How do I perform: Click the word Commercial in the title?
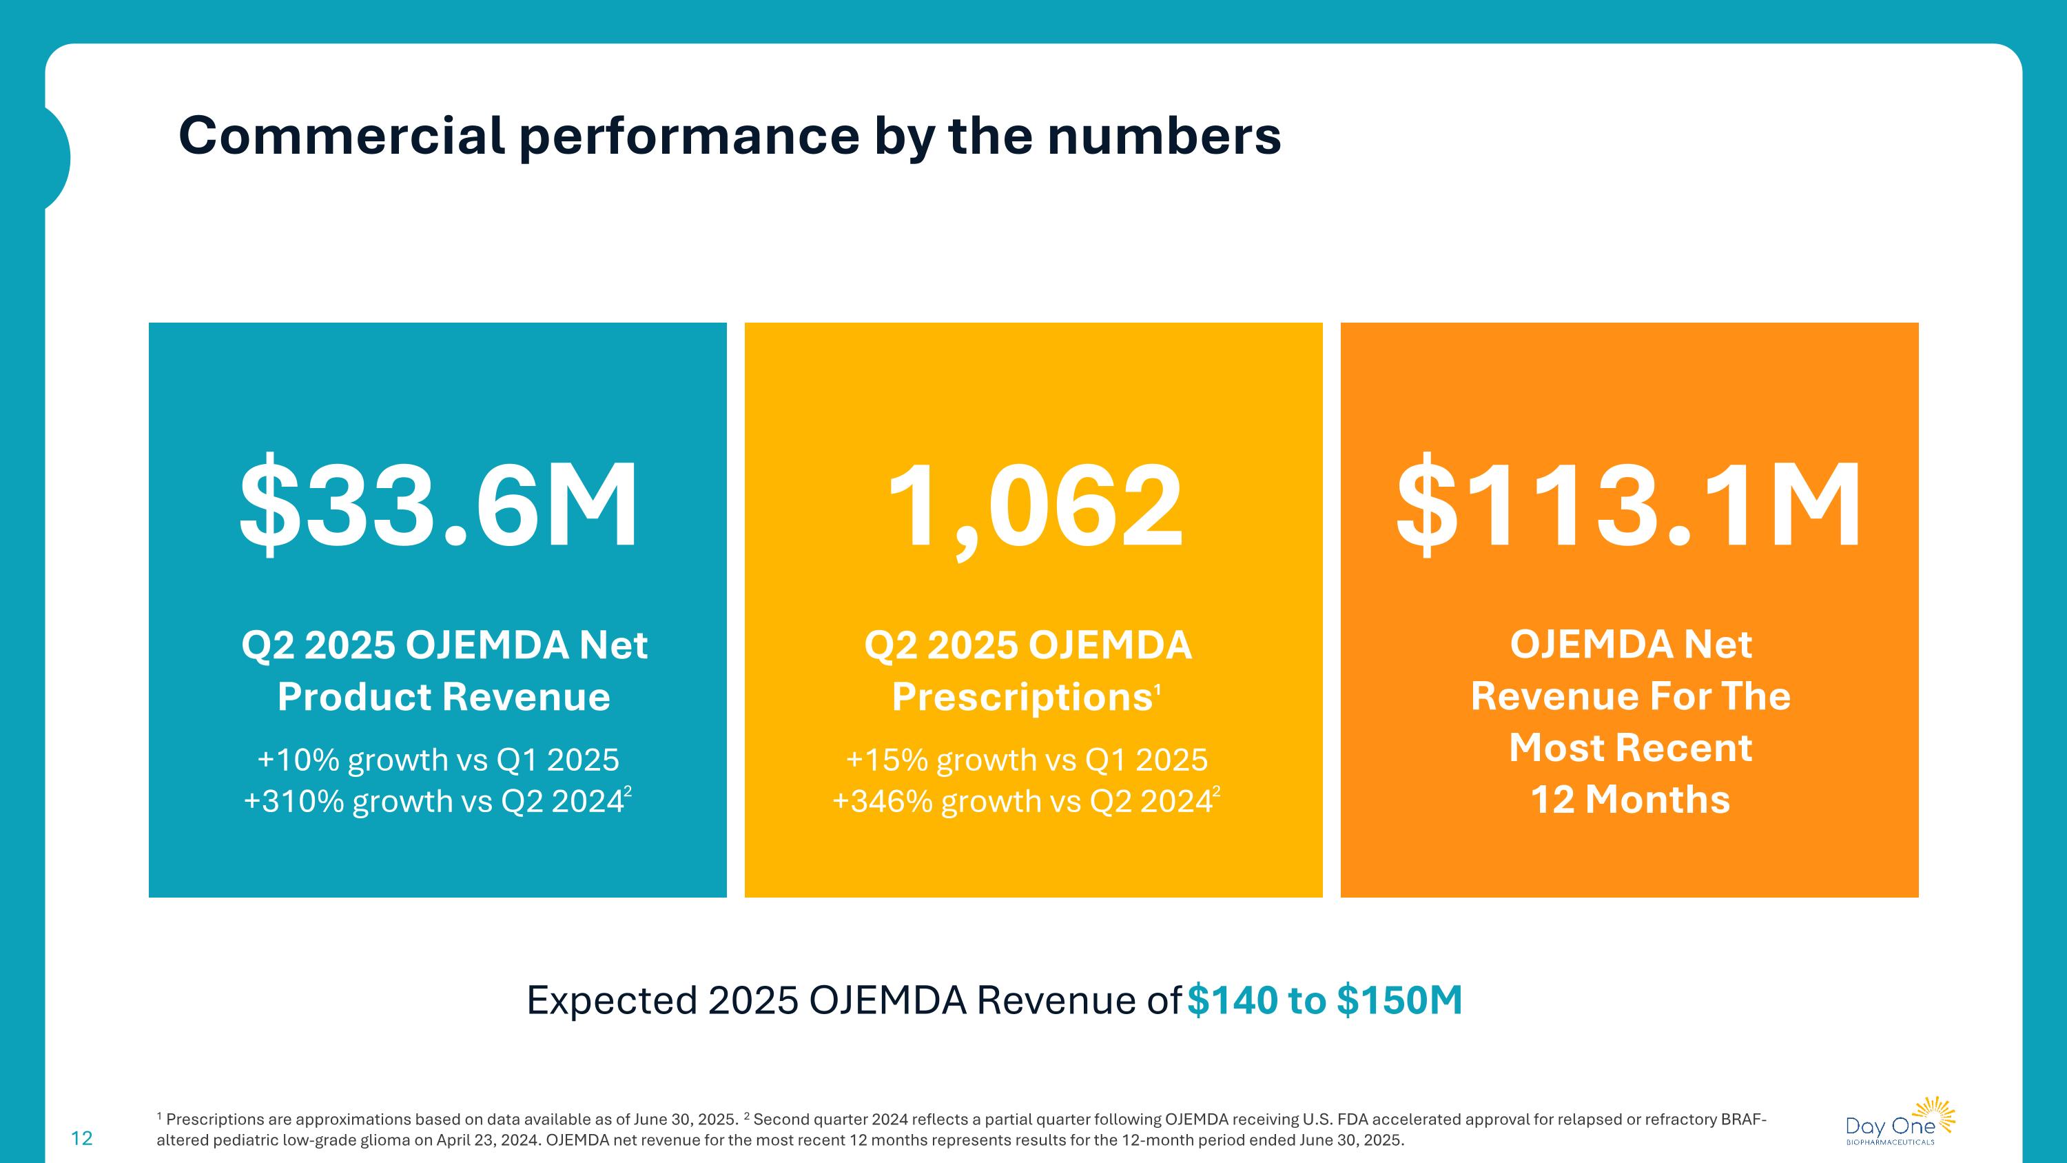(x=342, y=136)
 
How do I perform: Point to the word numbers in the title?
(x=1164, y=136)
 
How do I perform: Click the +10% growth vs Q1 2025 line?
(x=438, y=759)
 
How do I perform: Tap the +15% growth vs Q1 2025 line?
(x=1027, y=759)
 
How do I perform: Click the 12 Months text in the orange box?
(x=1629, y=800)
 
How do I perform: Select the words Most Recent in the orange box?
(x=1629, y=748)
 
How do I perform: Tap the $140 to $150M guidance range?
(x=1325, y=1000)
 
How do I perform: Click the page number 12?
(x=82, y=1138)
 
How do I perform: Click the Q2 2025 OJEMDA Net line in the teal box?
(x=444, y=645)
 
